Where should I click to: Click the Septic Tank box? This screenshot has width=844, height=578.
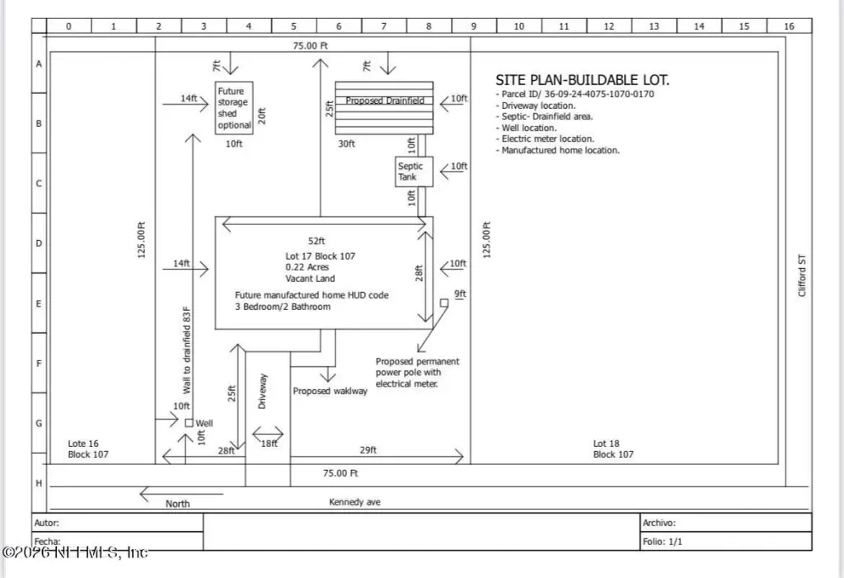click(410, 172)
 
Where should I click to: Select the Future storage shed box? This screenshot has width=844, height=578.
click(233, 108)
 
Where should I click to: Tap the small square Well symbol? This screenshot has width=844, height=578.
click(189, 423)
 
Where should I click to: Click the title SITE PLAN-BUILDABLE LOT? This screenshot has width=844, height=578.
click(582, 80)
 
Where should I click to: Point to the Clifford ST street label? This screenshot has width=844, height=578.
click(802, 275)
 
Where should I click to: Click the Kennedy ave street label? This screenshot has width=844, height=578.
click(354, 501)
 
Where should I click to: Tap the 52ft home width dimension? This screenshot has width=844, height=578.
click(316, 241)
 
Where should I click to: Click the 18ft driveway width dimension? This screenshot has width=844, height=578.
click(269, 443)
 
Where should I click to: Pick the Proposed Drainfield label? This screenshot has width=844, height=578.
click(385, 101)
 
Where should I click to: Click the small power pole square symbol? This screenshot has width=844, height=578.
click(443, 303)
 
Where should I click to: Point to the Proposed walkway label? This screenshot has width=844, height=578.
click(330, 391)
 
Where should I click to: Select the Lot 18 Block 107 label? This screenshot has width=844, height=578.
click(613, 449)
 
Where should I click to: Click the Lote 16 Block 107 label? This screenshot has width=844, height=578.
click(87, 449)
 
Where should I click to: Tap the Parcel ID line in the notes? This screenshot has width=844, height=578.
click(574, 94)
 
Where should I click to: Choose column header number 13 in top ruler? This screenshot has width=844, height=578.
click(654, 26)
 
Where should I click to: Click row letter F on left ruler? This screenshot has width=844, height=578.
click(39, 362)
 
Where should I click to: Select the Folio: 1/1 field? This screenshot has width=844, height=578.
click(663, 542)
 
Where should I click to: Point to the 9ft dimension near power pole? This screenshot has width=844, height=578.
click(460, 294)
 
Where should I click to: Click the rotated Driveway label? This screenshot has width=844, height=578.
click(263, 391)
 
